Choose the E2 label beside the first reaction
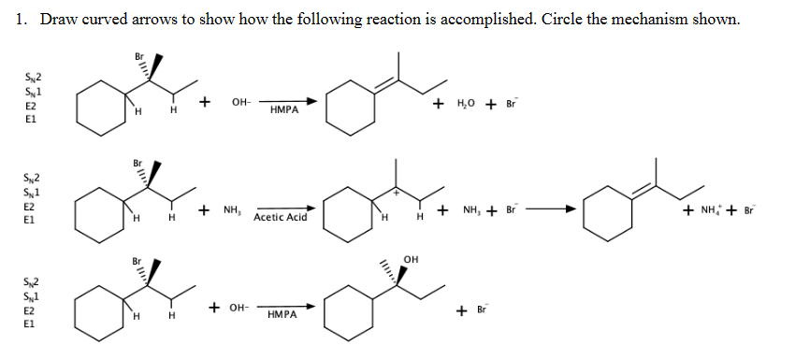(x=31, y=107)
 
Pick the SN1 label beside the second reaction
(x=32, y=191)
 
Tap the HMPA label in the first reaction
(x=283, y=109)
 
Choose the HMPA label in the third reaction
(x=283, y=316)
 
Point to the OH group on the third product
(x=412, y=258)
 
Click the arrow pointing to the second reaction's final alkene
(x=547, y=209)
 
